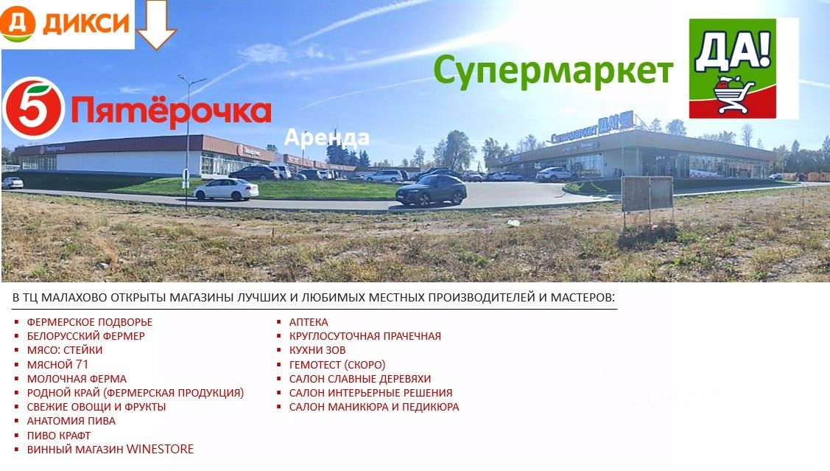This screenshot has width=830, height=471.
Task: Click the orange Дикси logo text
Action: [86, 23]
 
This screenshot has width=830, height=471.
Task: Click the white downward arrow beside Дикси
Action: [156, 24]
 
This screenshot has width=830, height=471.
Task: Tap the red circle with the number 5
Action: [33, 108]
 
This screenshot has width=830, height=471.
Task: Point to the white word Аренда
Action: [326, 138]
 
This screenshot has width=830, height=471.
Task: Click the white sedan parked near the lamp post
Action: [226, 189]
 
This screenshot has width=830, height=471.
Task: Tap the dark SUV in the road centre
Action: [432, 190]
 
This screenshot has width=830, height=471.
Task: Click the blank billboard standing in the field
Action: [647, 194]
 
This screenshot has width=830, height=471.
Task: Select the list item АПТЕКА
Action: [309, 322]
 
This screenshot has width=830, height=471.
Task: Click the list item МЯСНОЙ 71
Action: [57, 365]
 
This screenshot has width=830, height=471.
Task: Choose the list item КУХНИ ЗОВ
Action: [317, 350]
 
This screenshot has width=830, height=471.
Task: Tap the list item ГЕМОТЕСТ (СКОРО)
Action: [337, 365]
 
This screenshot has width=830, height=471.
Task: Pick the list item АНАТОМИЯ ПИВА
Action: [71, 421]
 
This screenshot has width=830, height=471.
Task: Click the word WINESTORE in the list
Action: [160, 450]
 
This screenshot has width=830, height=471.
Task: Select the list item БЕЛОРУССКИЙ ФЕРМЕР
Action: [85, 336]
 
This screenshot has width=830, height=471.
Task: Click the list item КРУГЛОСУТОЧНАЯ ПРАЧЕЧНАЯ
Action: [365, 336]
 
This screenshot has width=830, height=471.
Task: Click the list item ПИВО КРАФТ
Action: [59, 436]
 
